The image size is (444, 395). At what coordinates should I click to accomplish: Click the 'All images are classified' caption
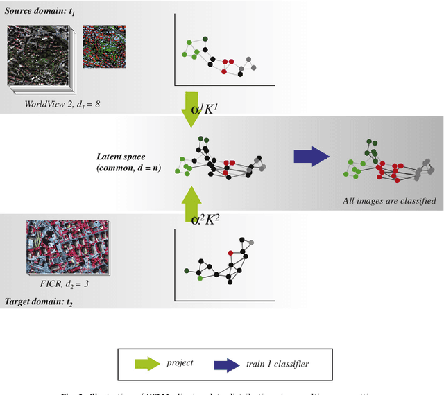coord(389,202)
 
